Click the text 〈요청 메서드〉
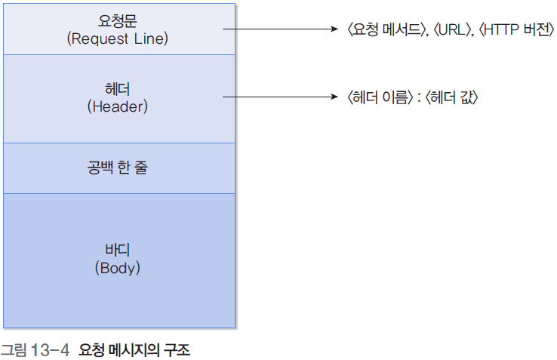coord(383,31)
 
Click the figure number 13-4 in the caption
coord(50,351)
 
